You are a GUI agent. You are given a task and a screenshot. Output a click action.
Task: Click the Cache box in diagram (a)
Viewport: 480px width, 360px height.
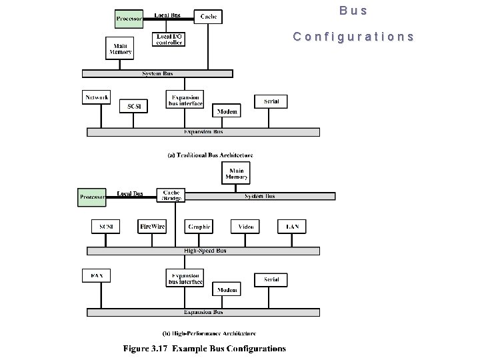(208, 16)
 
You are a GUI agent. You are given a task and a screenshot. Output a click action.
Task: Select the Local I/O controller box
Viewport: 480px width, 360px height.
(169, 39)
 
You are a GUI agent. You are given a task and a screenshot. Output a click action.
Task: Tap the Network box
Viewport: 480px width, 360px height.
(96, 97)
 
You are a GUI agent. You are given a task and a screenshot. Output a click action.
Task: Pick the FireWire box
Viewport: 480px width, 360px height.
(152, 227)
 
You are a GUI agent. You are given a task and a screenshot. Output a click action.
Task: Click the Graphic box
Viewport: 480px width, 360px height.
(199, 227)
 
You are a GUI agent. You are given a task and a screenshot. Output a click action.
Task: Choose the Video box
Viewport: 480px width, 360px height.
(246, 227)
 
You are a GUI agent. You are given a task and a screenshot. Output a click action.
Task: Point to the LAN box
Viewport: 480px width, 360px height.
(292, 227)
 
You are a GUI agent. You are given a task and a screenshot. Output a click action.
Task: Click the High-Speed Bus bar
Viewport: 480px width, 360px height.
(203, 251)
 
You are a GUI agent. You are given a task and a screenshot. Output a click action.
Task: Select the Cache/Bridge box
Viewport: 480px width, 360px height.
(171, 195)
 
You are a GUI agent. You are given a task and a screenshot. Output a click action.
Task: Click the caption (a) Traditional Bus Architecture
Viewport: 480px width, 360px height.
(209, 155)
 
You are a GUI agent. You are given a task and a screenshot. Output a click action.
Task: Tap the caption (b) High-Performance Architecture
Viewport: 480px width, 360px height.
(209, 333)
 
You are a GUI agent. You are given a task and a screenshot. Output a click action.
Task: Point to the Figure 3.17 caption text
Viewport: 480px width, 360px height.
(204, 348)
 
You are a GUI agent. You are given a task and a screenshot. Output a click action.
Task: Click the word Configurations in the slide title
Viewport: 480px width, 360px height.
(353, 37)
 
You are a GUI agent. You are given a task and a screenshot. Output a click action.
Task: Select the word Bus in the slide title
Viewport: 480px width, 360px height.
(353, 11)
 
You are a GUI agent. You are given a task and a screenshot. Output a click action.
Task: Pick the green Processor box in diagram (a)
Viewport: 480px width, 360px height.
(129, 18)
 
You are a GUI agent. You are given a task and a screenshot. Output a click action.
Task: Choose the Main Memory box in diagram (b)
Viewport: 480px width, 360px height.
(236, 173)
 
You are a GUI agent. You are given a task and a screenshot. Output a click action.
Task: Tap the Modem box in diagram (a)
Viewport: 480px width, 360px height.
(227, 111)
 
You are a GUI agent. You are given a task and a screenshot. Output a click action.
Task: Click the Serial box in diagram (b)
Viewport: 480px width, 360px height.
(271, 279)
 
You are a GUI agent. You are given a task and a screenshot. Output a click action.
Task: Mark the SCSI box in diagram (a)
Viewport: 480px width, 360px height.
(133, 106)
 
